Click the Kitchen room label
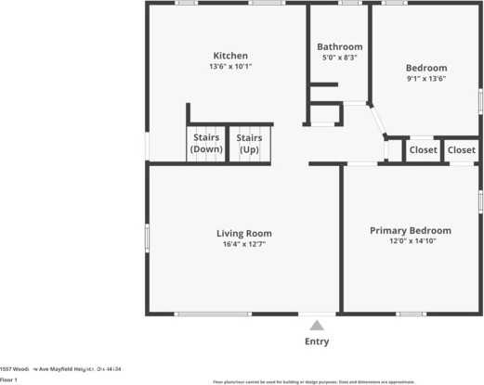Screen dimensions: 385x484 pyautogui.click(x=230, y=56)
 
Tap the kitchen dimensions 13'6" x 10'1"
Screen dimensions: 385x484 pyautogui.click(x=230, y=67)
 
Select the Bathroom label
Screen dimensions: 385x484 pyautogui.click(x=339, y=46)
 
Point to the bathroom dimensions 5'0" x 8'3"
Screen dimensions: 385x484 pyautogui.click(x=339, y=58)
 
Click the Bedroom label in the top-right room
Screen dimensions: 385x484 pyautogui.click(x=426, y=68)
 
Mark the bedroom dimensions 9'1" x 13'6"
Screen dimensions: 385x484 pyautogui.click(x=426, y=79)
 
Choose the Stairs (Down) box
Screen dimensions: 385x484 pyautogui.click(x=205, y=144)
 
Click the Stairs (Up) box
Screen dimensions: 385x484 pyautogui.click(x=249, y=144)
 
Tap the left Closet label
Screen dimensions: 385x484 pyautogui.click(x=423, y=149)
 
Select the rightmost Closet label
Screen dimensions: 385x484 pyautogui.click(x=462, y=149)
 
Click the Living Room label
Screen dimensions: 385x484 pyautogui.click(x=244, y=233)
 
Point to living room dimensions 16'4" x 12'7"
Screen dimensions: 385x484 pyautogui.click(x=244, y=245)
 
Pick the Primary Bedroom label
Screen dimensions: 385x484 pyautogui.click(x=410, y=230)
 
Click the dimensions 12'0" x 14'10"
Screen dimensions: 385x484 pyautogui.click(x=410, y=241)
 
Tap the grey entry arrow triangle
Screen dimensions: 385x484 pyautogui.click(x=317, y=325)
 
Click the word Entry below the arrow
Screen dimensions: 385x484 pyautogui.click(x=317, y=341)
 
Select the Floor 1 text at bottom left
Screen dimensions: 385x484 pyautogui.click(x=9, y=380)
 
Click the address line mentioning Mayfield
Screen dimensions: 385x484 pyautogui.click(x=60, y=368)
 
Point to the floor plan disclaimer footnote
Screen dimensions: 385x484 pyautogui.click(x=314, y=381)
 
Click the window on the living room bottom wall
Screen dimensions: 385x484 pyautogui.click(x=213, y=314)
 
